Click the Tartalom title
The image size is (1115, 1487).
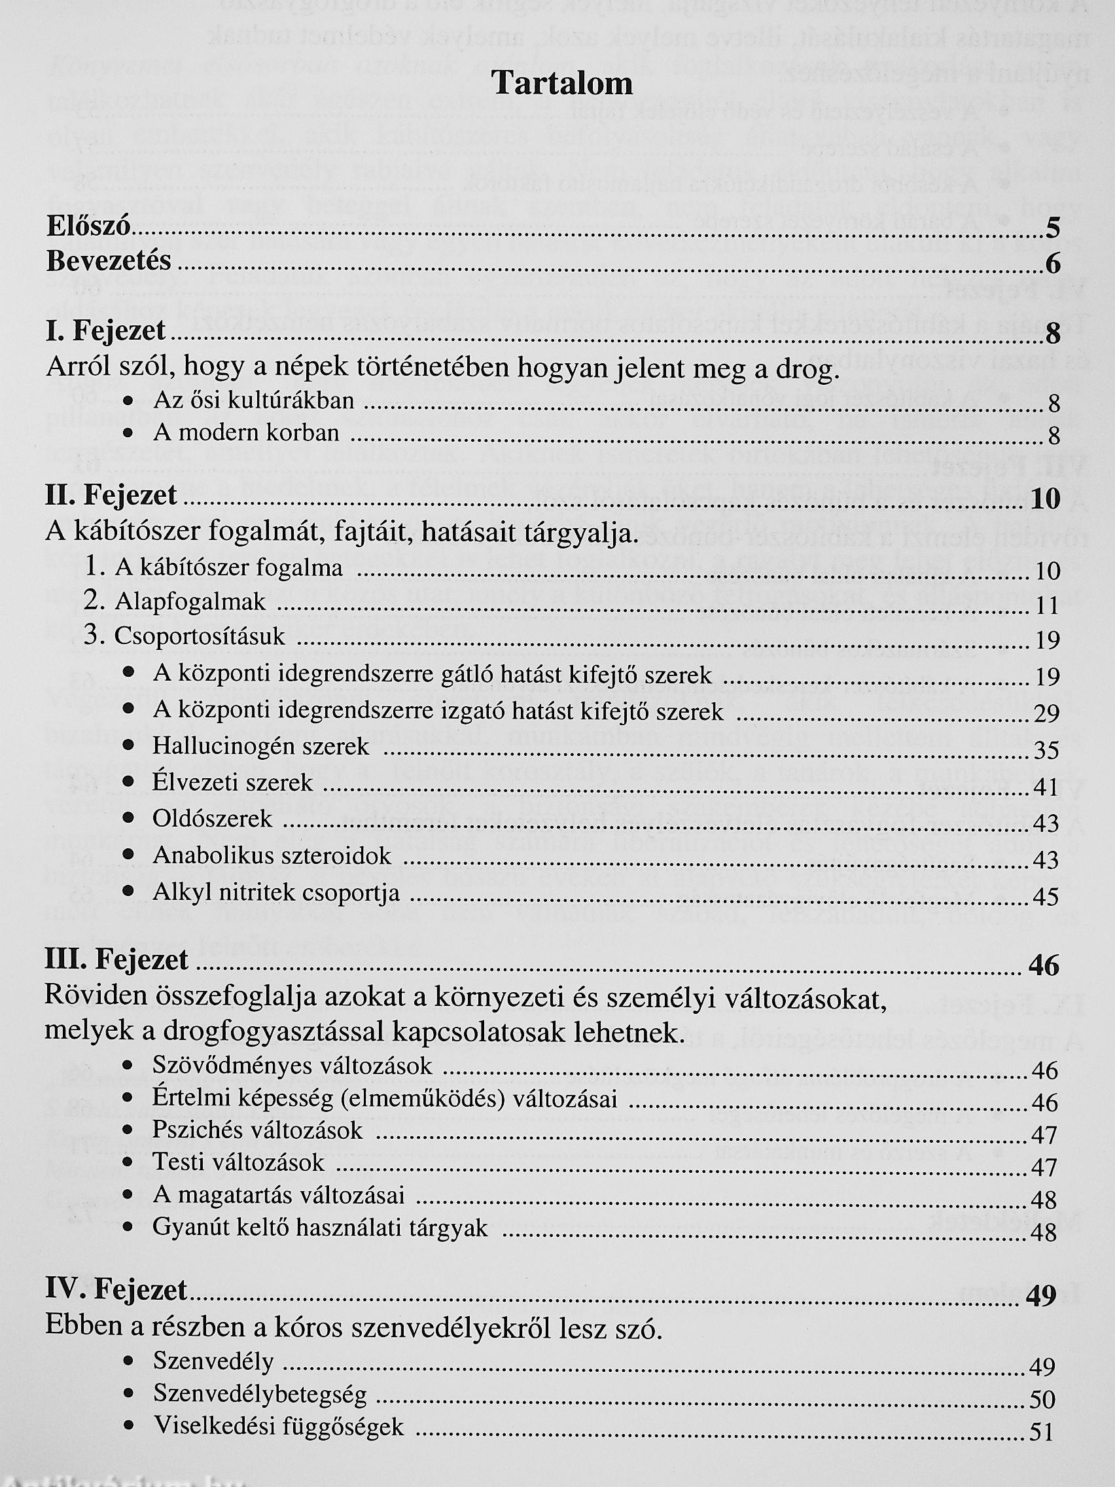[562, 83]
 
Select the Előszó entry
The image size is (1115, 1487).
[88, 226]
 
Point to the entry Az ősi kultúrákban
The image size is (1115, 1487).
[253, 401]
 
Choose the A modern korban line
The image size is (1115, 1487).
[246, 433]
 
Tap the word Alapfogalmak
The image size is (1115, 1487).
[190, 602]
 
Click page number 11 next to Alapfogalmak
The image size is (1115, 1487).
[1047, 606]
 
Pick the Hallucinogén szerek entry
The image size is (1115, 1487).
[261, 746]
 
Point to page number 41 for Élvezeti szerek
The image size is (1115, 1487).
[1046, 787]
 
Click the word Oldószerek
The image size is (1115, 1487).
[213, 819]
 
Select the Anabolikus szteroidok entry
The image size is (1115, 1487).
[272, 856]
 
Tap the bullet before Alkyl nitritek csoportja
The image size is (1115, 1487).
[130, 892]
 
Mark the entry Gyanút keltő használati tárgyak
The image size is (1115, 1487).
[320, 1228]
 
